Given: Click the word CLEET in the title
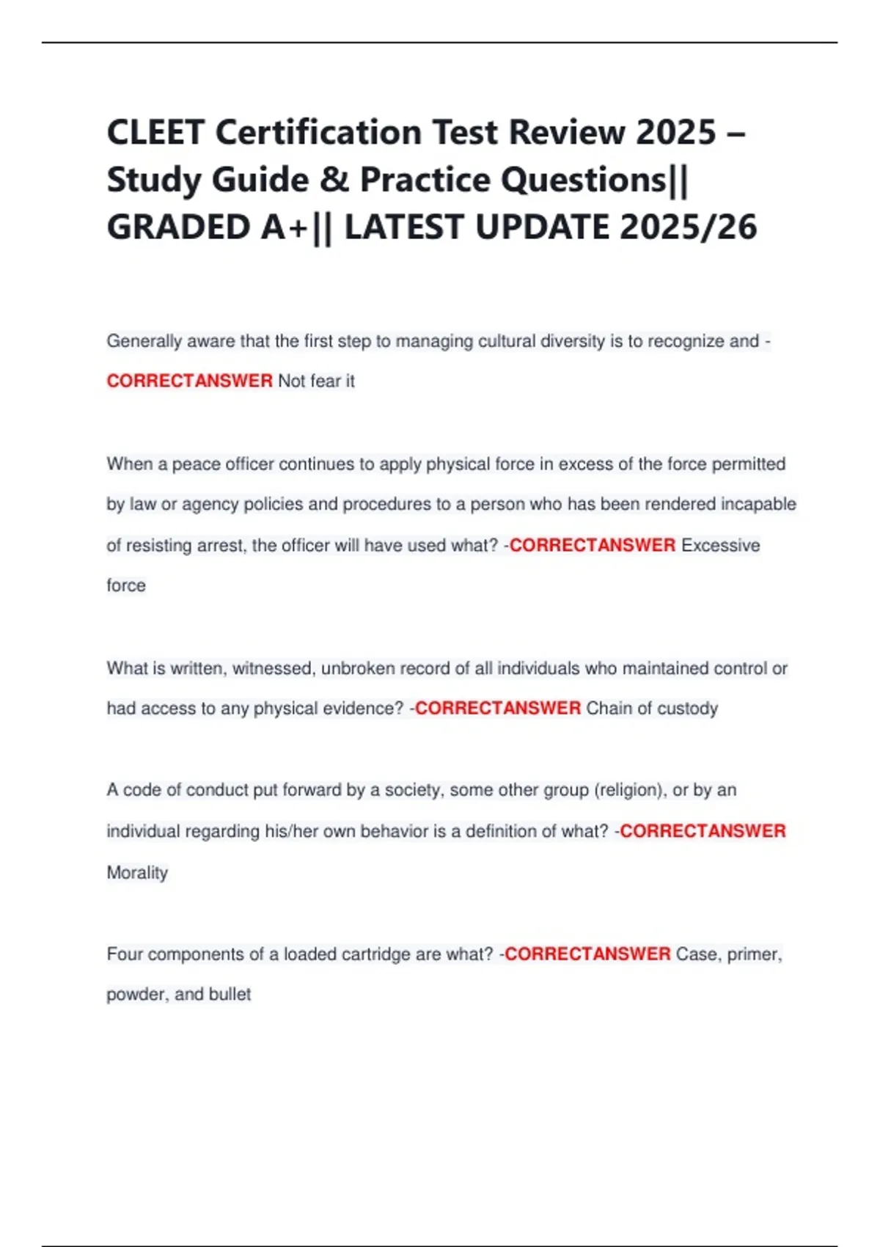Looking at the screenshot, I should tap(155, 133).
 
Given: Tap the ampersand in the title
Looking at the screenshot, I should tap(334, 180).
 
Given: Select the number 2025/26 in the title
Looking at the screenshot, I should tap(688, 227).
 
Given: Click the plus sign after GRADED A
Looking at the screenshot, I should tap(298, 227).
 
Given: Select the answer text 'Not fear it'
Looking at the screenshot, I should tap(316, 381).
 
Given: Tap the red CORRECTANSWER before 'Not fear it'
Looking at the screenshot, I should tap(189, 381).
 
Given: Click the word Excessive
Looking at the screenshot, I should tap(720, 545).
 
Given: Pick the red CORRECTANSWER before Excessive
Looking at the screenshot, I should tap(592, 545).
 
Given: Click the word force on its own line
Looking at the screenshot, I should tap(126, 585).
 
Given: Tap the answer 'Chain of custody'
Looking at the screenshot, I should tap(652, 709).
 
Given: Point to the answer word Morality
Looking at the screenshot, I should tap(137, 873).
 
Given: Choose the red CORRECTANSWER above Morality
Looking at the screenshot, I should tap(703, 831).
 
